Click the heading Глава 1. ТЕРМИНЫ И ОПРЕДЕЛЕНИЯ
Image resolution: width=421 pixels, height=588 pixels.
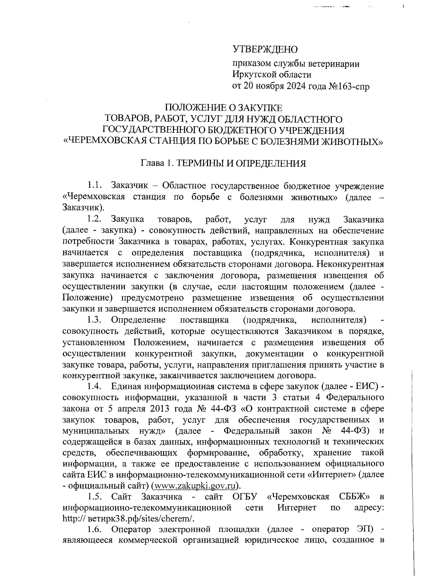click(x=223, y=164)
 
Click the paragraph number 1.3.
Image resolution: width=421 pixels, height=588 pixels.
click(x=94, y=320)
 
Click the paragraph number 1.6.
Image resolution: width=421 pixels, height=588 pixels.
click(x=94, y=529)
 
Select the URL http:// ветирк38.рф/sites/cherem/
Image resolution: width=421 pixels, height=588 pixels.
click(x=128, y=519)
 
